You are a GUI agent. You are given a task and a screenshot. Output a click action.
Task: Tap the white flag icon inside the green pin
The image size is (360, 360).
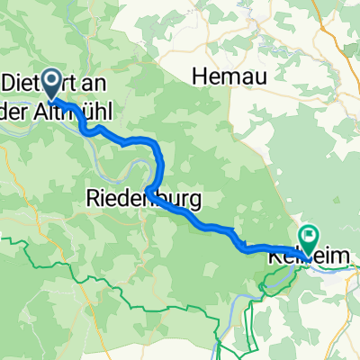click(310, 238)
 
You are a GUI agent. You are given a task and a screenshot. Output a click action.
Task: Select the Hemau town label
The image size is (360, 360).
click(230, 77)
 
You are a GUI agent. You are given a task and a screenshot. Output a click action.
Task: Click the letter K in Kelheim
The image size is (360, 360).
click(274, 257)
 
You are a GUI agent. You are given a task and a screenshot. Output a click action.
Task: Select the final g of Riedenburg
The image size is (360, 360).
click(194, 199)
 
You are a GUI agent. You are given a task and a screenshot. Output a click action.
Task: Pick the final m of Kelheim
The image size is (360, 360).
click(343, 257)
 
